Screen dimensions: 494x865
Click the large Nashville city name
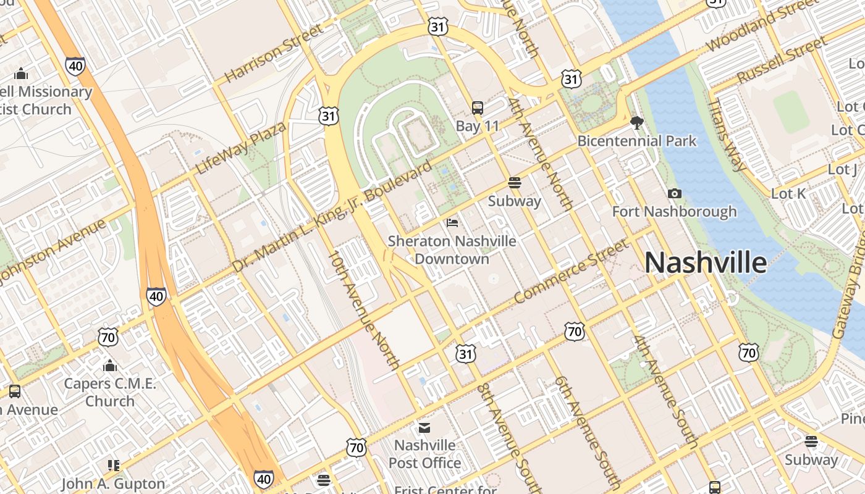[x=706, y=262]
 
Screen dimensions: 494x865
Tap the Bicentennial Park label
[x=636, y=141]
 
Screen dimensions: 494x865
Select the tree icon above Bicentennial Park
[x=636, y=122]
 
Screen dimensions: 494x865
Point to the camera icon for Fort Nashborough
[x=675, y=194]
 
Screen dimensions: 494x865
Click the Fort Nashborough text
[x=674, y=212]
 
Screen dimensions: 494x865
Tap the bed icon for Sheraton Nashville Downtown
[x=452, y=222]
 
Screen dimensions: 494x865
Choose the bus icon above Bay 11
[x=478, y=108]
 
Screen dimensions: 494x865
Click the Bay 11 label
[x=477, y=126]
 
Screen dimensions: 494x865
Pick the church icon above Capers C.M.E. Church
[x=110, y=366]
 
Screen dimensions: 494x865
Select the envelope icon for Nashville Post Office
[x=424, y=427]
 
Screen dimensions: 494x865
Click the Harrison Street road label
[x=274, y=53]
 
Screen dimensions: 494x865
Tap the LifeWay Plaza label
[x=241, y=148]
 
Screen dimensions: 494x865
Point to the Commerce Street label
[x=571, y=271]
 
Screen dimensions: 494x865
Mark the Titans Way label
[x=727, y=135]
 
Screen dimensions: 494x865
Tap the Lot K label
[x=788, y=194]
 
